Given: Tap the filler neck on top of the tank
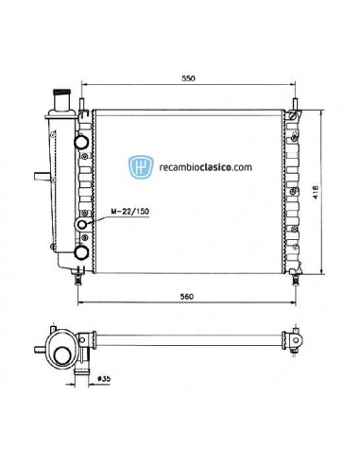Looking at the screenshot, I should pos(63,99).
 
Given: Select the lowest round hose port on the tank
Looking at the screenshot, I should pos(81,252).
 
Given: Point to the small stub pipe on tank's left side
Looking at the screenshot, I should pos(40,176).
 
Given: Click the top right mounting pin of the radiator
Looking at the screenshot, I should pos(297,102).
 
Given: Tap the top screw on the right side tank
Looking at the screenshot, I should pos(293,117).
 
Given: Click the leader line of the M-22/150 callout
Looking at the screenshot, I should pos(94,219).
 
